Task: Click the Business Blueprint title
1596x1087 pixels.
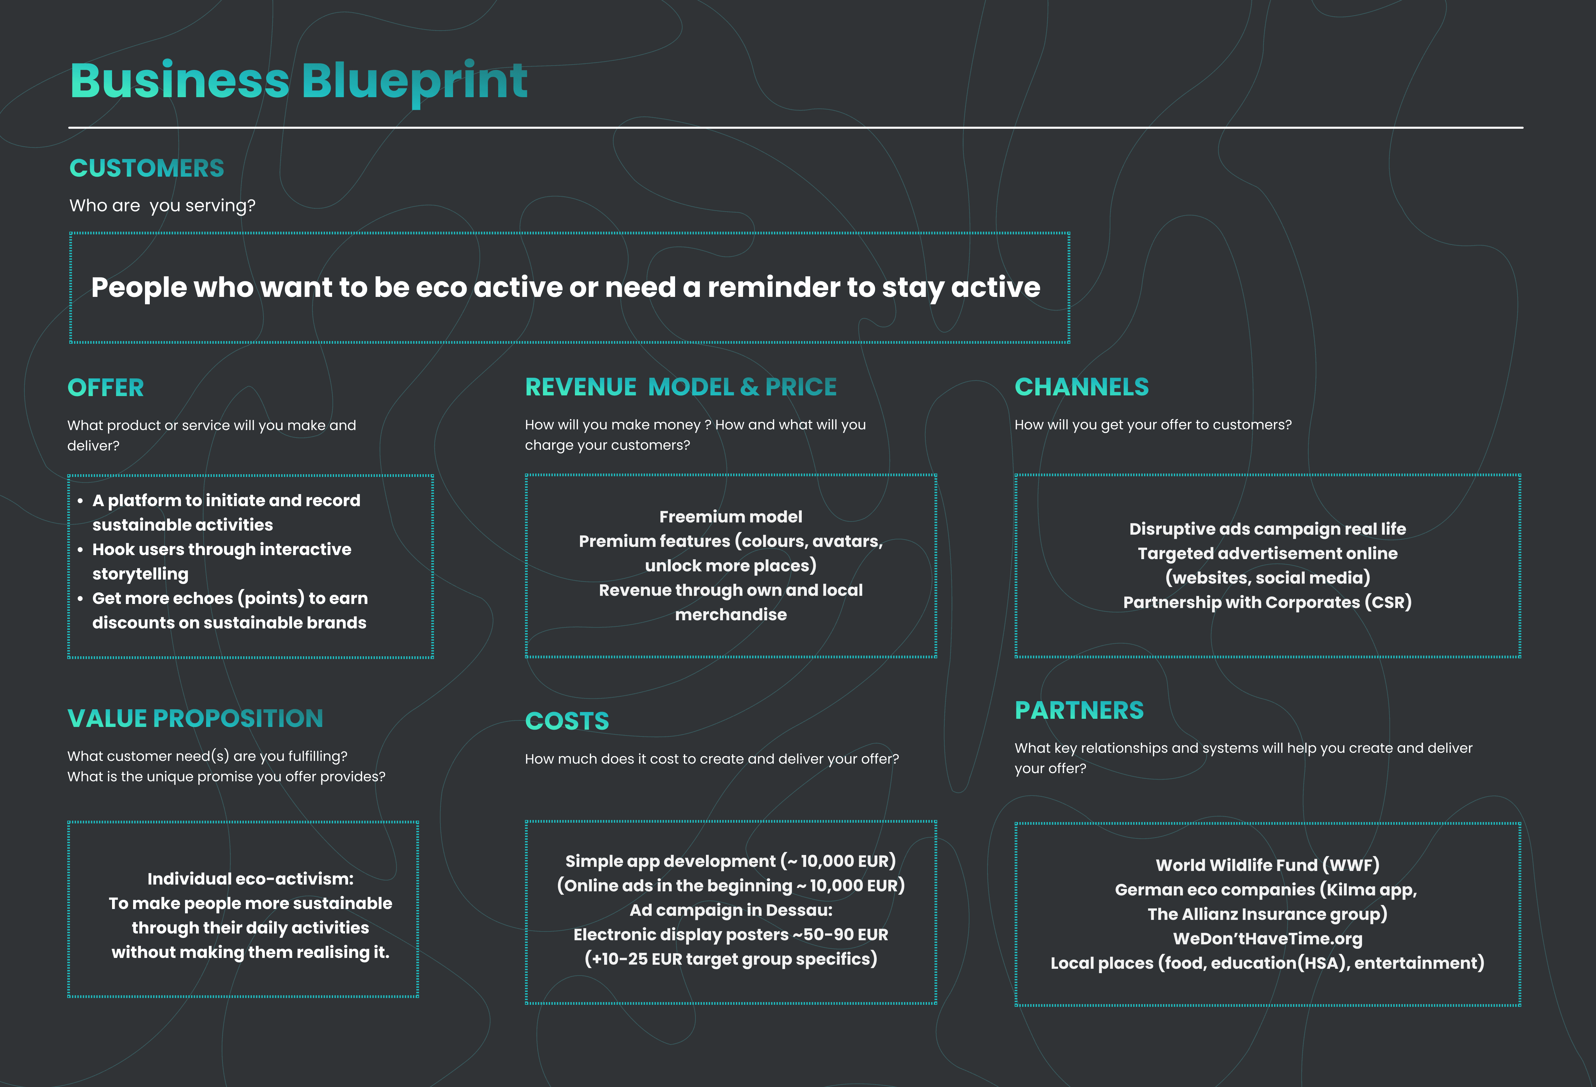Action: pos(299,81)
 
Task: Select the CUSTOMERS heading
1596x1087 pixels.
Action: pos(146,168)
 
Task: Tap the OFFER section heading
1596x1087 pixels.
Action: pos(106,388)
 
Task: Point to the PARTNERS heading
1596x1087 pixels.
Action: pos(1079,711)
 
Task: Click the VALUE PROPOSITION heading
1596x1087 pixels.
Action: pos(195,719)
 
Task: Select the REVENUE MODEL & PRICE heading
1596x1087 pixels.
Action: pos(681,388)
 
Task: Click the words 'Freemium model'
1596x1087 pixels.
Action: pos(731,517)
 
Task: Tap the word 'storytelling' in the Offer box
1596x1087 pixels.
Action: pos(140,574)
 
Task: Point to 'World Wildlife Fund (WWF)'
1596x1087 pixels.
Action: pos(1267,865)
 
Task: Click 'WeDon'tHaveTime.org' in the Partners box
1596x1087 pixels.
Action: pos(1267,939)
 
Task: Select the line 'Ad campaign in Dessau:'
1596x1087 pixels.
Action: pos(731,910)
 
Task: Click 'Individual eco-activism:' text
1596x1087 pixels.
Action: pos(250,879)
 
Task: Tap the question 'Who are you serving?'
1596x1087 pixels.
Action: pos(162,206)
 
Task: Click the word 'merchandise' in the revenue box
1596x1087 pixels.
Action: pos(731,615)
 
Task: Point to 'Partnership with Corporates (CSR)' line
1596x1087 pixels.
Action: pos(1267,603)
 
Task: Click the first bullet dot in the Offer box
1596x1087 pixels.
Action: pos(80,501)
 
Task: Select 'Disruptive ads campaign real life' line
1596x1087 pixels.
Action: pos(1267,529)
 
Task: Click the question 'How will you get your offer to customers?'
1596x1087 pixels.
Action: pos(1153,425)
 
